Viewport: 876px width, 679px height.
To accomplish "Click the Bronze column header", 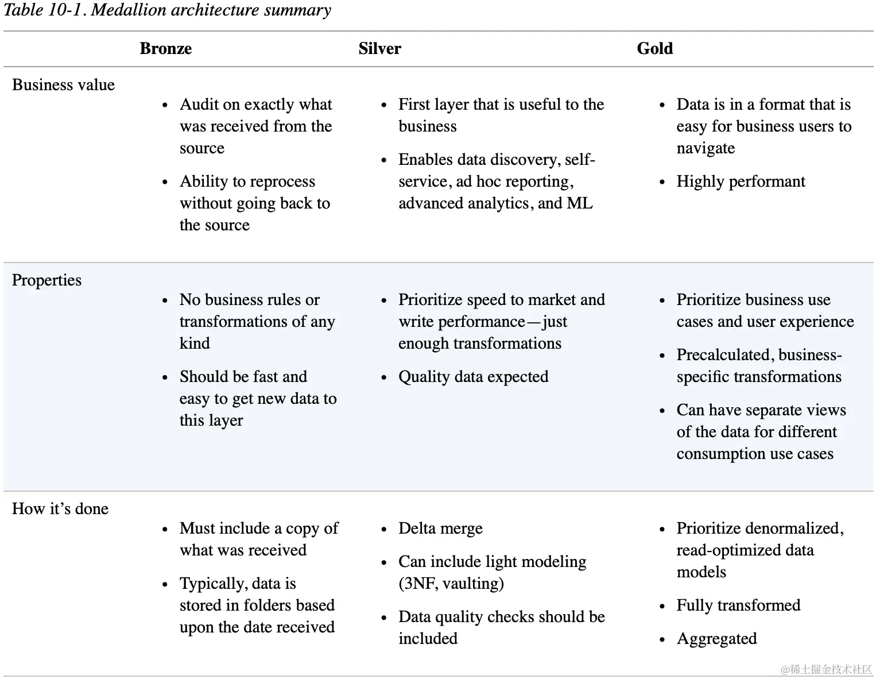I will (x=165, y=49).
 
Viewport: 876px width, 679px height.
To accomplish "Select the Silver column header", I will (x=379, y=49).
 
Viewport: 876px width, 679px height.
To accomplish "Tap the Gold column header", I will (x=654, y=49).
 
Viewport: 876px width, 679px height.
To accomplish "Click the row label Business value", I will (x=63, y=85).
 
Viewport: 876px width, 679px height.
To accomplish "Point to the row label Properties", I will (x=46, y=280).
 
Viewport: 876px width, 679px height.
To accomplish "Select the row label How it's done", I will (x=60, y=509).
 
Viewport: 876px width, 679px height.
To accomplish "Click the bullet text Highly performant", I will (x=741, y=182).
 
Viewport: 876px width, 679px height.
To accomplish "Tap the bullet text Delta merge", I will (x=440, y=528).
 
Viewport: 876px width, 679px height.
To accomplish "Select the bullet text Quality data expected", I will (x=473, y=377).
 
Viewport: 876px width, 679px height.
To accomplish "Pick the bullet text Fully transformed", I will (x=738, y=605).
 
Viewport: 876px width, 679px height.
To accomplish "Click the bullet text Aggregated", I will (x=716, y=639).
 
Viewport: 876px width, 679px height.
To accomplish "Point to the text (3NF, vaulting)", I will (x=451, y=584).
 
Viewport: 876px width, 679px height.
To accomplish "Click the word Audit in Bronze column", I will (x=199, y=105).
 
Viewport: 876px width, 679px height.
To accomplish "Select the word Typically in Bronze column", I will (x=207, y=584).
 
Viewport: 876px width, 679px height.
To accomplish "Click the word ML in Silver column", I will (x=580, y=203).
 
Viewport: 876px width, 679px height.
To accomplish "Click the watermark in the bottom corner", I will (x=826, y=669).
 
